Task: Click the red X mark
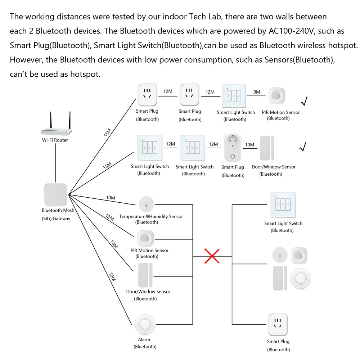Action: [212, 256]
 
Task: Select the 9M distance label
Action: [257, 92]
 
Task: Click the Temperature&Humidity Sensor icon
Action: [146, 204]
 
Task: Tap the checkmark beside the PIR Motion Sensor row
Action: [304, 102]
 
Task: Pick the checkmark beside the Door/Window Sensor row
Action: [303, 147]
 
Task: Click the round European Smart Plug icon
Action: [233, 147]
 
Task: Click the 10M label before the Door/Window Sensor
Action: [249, 145]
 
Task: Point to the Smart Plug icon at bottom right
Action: [278, 325]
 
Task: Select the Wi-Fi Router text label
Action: [55, 140]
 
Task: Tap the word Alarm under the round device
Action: [144, 339]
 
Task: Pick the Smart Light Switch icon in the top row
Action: [234, 96]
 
